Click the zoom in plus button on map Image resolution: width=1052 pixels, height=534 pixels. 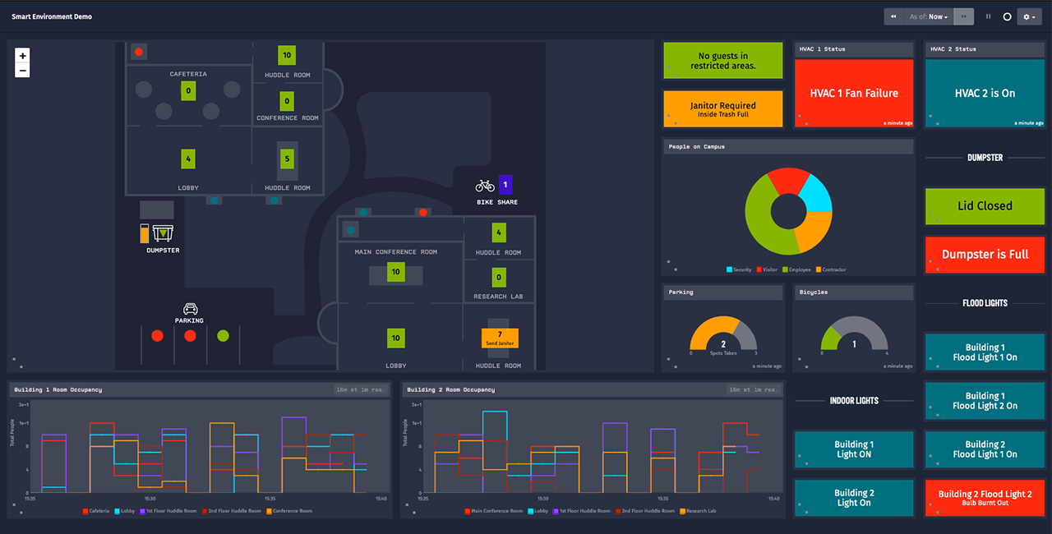click(22, 56)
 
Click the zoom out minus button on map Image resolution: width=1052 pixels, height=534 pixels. click(22, 71)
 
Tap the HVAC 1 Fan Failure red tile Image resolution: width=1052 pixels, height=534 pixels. click(854, 93)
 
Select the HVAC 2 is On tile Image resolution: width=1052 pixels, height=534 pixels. click(985, 93)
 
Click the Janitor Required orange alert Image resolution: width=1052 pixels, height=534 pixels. click(722, 109)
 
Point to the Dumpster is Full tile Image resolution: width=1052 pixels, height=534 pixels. click(985, 255)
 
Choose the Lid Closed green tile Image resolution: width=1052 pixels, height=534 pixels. click(985, 206)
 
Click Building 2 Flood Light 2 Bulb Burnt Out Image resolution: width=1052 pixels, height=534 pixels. click(985, 498)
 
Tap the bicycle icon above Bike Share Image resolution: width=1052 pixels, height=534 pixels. click(485, 186)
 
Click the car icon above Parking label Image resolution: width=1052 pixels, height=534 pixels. click(190, 309)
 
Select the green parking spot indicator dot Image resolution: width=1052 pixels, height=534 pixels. click(223, 336)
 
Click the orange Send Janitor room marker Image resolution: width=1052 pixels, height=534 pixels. click(500, 338)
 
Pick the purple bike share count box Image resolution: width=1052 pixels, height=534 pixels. click(505, 185)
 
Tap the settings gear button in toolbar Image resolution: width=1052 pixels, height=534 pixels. click(1029, 16)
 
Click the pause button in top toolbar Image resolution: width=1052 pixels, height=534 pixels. click(988, 16)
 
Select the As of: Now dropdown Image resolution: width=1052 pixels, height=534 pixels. click(928, 16)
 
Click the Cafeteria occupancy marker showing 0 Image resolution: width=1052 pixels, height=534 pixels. click(188, 90)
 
